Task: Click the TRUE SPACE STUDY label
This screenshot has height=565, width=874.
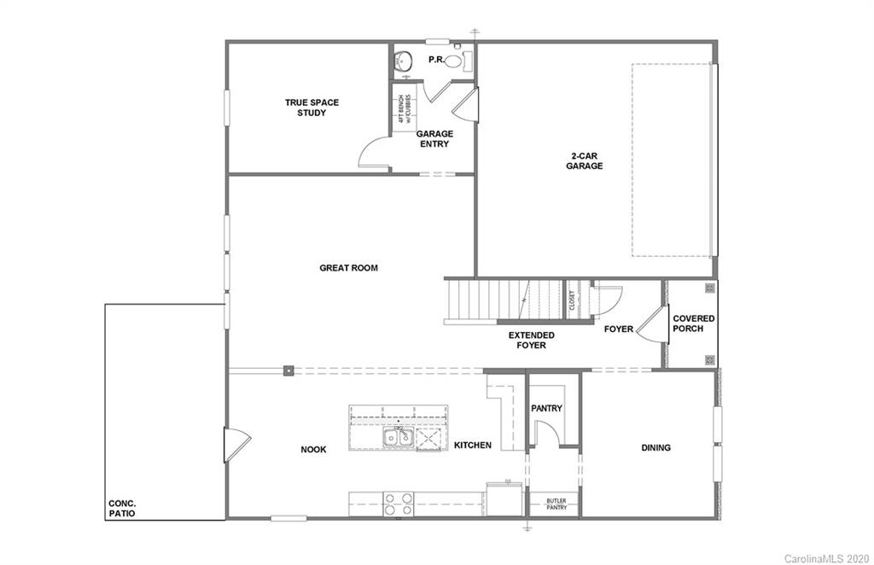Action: click(312, 108)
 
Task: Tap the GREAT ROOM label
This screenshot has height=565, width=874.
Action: click(348, 268)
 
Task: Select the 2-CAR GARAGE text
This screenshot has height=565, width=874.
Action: click(585, 161)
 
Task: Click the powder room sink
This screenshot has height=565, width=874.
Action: click(403, 61)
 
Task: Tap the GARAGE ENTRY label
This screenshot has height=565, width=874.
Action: click(434, 138)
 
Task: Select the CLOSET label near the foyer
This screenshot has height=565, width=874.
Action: click(573, 300)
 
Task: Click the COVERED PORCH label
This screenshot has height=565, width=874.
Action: click(693, 323)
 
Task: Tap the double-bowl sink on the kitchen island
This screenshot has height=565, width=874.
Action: click(397, 438)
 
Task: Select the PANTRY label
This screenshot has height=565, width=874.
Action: click(546, 408)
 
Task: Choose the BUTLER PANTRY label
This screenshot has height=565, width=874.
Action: click(556, 504)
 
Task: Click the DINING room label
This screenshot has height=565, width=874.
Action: click(655, 447)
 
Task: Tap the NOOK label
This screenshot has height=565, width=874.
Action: click(313, 449)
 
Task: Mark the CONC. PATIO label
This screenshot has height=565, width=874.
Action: click(121, 509)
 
